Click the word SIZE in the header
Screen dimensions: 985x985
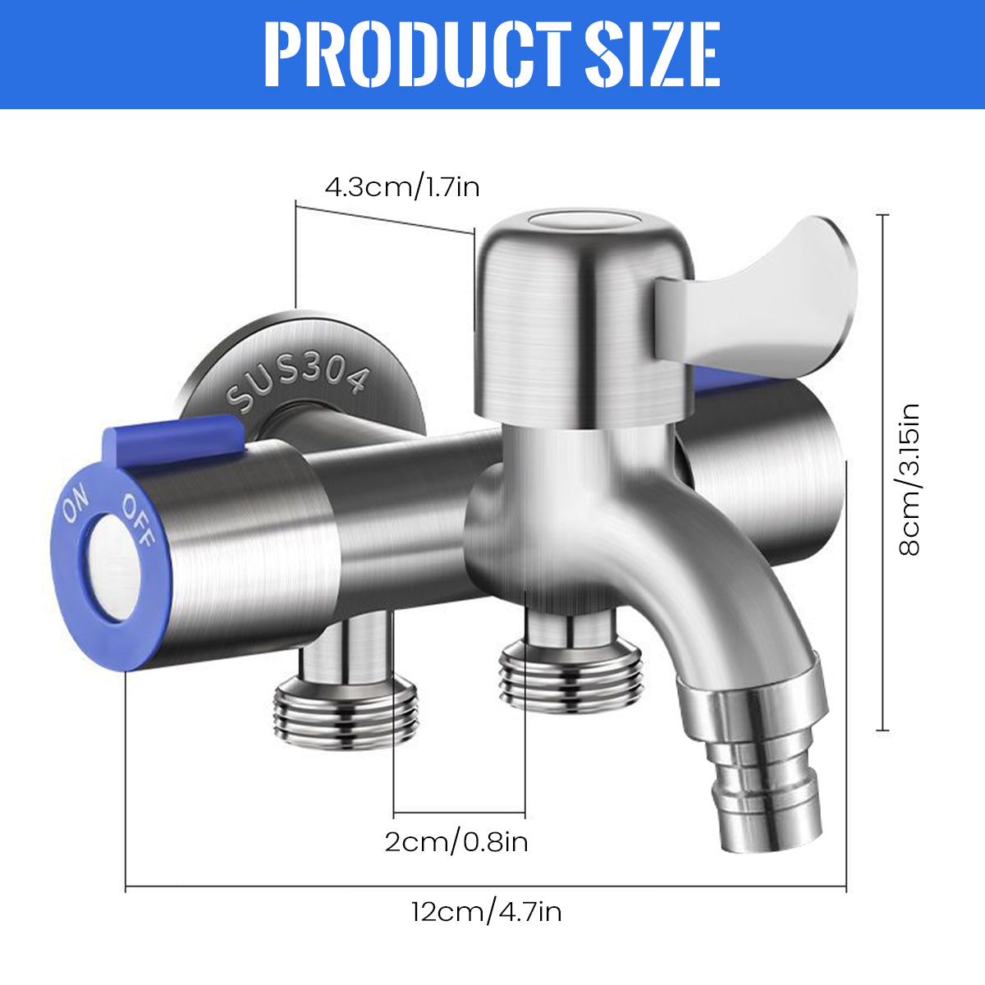tap(653, 54)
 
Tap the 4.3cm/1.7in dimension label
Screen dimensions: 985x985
tap(402, 187)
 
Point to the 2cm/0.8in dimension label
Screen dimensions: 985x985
tap(456, 841)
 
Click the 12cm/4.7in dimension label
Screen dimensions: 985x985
tap(487, 912)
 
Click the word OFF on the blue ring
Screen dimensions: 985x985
tap(138, 522)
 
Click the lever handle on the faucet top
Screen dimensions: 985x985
tap(763, 295)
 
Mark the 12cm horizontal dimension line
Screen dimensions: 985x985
tap(486, 887)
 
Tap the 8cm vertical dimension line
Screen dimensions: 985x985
tap(883, 472)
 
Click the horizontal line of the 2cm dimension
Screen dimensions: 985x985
tap(459, 815)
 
